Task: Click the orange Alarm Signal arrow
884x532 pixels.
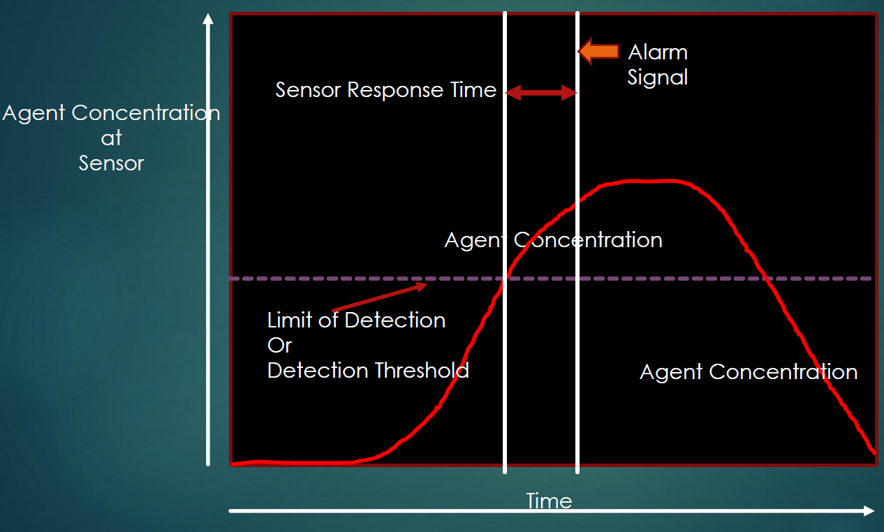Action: click(599, 51)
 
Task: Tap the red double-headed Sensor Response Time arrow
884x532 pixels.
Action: click(540, 92)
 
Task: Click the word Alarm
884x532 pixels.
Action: click(658, 52)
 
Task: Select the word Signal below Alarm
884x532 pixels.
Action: click(657, 77)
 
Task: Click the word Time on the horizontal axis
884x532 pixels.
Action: click(549, 501)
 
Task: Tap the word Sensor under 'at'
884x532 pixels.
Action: click(111, 163)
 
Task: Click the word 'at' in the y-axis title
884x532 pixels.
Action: click(111, 138)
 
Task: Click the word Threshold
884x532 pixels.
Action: click(422, 370)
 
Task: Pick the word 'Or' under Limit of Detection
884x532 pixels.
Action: click(279, 345)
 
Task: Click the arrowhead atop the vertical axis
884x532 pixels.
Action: click(207, 19)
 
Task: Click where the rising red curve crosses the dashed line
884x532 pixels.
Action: click(502, 279)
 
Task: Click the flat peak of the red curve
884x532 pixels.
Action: click(649, 181)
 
